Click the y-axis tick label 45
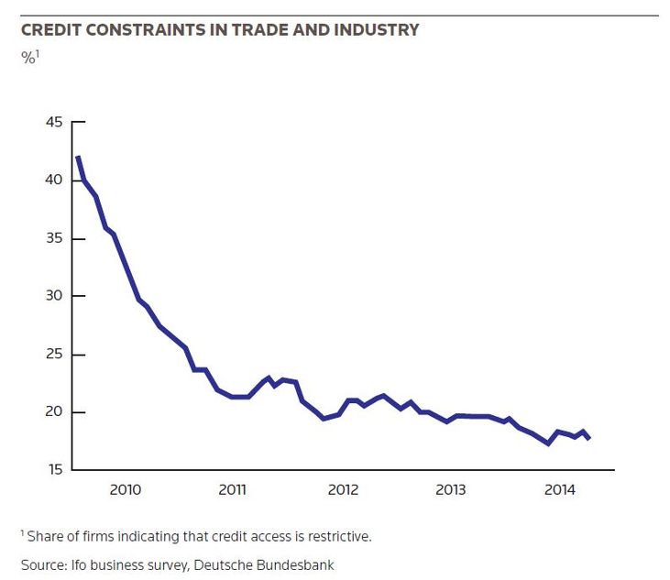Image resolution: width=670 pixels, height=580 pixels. [x=54, y=122]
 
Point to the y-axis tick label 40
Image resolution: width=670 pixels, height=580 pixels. [x=54, y=180]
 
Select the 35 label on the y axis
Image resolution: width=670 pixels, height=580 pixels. [x=54, y=238]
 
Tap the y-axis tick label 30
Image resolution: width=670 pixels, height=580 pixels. [x=54, y=296]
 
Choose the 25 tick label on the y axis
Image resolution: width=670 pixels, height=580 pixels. [x=54, y=354]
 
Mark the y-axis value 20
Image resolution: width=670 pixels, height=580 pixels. [x=54, y=411]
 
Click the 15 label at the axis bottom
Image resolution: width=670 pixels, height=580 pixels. [x=56, y=470]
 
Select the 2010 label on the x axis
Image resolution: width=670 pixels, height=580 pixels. [x=126, y=490]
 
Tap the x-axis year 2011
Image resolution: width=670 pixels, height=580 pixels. [x=233, y=490]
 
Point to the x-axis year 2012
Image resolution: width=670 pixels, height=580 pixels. [x=343, y=490]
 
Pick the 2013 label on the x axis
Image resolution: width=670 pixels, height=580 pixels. [x=450, y=490]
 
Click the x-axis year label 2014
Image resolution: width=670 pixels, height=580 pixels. [x=560, y=490]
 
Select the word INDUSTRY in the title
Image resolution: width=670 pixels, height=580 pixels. [x=377, y=30]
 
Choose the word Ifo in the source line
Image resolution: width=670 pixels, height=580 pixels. [x=79, y=565]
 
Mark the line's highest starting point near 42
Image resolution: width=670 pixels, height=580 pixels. [x=78, y=158]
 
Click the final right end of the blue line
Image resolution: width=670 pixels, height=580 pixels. [x=589, y=438]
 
